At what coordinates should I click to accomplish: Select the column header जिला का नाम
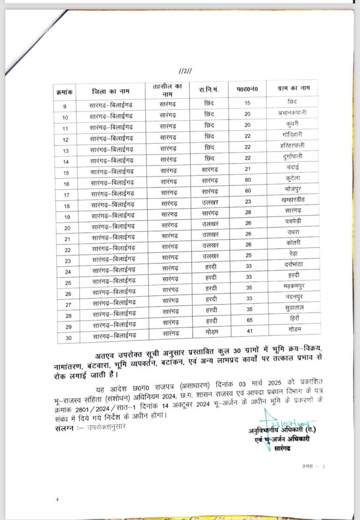coord(111,91)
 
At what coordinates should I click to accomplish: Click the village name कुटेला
coord(295,178)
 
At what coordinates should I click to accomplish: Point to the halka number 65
coord(248,320)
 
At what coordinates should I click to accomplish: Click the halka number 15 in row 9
coord(248,103)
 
